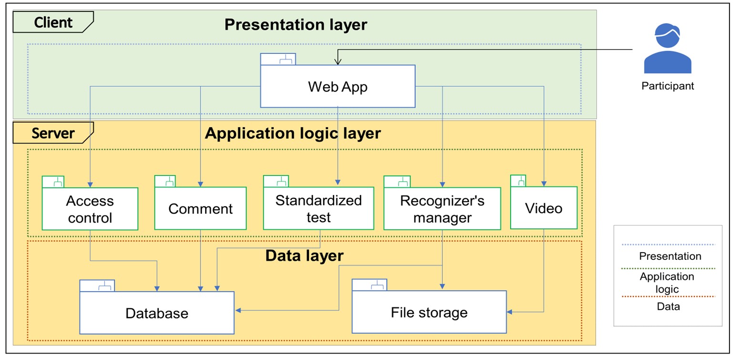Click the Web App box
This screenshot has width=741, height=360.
[x=338, y=86]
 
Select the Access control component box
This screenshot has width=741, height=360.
[x=90, y=209]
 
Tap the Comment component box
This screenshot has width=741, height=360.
[x=200, y=208]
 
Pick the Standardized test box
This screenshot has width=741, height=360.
[x=319, y=208]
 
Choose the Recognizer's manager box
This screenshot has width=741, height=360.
[x=443, y=208]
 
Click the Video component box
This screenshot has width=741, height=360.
[x=544, y=207]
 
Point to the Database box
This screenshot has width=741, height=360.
[x=157, y=313]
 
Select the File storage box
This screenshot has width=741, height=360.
[x=429, y=312]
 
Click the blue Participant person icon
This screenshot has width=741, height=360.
[x=668, y=48]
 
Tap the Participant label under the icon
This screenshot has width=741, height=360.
[x=668, y=86]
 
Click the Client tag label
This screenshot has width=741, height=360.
[x=53, y=22]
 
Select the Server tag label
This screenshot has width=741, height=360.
[x=53, y=133]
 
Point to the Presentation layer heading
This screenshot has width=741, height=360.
[x=296, y=24]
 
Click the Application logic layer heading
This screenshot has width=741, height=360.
[x=293, y=134]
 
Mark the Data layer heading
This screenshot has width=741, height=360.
[x=304, y=256]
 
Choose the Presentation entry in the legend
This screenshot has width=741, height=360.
[x=670, y=256]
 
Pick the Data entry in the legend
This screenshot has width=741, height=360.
[x=668, y=306]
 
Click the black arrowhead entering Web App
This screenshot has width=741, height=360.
[x=338, y=62]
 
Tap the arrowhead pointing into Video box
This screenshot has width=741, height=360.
[x=544, y=184]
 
